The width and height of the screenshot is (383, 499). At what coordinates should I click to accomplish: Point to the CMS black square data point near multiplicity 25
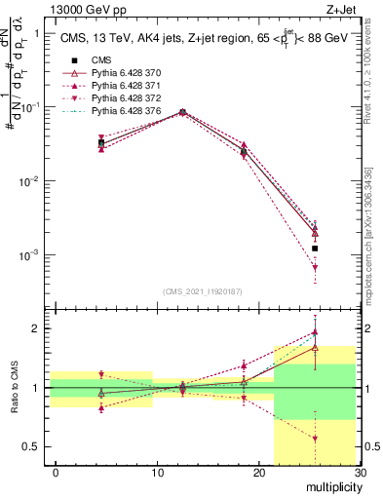click(x=315, y=249)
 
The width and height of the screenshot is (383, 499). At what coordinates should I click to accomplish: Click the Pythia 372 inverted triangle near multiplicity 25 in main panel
click(x=315, y=267)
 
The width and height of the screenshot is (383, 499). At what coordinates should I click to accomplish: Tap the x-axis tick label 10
click(x=157, y=473)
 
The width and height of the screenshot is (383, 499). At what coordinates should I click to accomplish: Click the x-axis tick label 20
click(x=258, y=473)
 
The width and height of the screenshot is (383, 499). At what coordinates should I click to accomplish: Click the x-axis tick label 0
click(x=56, y=473)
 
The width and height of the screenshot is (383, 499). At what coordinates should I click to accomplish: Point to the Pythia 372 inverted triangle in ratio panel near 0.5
click(x=315, y=439)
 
